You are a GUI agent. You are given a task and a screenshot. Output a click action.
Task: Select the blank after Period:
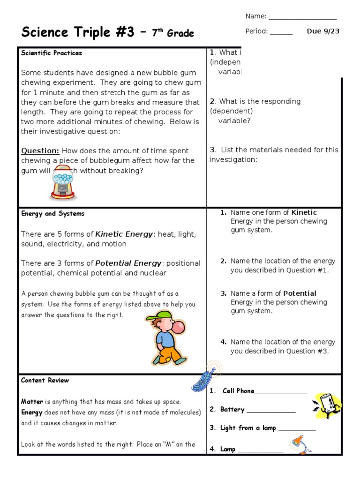tap(281, 32)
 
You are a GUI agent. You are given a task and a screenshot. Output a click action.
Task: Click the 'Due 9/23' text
tap(323, 31)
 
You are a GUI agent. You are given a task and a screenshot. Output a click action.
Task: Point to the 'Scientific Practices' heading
tap(52, 53)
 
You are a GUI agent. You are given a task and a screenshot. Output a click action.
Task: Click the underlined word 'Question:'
tap(40, 151)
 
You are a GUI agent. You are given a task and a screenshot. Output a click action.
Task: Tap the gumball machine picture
tap(62, 184)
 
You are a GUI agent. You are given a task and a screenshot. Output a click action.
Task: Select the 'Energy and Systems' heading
tap(52, 214)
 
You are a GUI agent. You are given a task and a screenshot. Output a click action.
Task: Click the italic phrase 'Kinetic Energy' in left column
tap(124, 234)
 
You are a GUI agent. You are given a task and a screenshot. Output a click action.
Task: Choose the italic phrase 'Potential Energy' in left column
tap(128, 263)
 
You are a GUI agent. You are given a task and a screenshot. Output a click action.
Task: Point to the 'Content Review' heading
tap(45, 380)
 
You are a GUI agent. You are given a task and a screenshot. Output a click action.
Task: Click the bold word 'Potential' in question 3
tap(300, 293)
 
